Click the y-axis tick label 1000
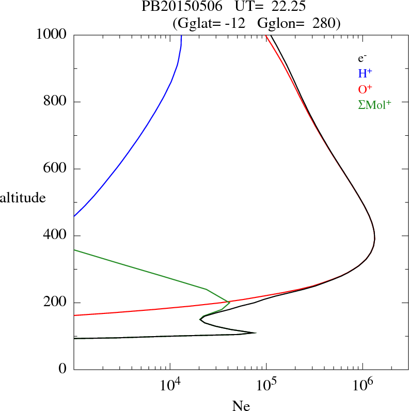coord(52,35)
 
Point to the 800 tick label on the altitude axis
coord(56,102)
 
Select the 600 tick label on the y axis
coord(56,169)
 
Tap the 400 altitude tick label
coord(56,236)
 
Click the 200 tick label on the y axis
coord(56,303)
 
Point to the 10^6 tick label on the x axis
coord(363,385)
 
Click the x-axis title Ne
coord(241,406)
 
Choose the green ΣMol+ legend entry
coord(374,104)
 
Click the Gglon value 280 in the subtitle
coord(324,23)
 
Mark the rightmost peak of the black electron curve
coord(374,239)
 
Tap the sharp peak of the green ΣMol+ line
coord(229,302)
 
